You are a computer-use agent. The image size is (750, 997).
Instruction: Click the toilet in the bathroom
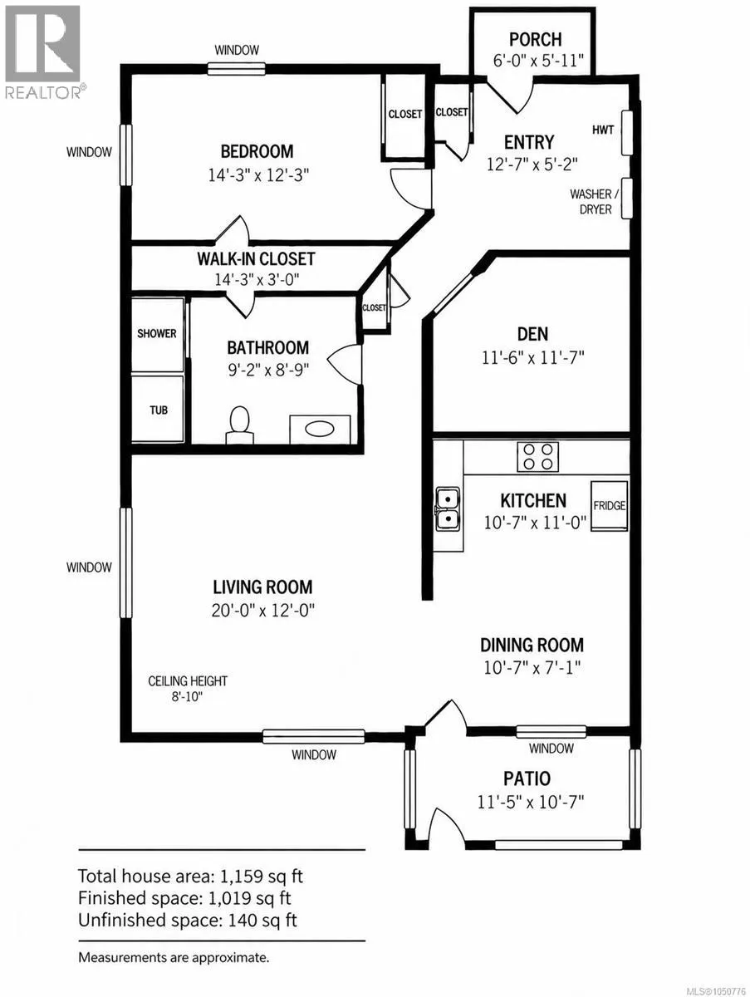(x=240, y=425)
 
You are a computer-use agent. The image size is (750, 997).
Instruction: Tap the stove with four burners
(x=537, y=457)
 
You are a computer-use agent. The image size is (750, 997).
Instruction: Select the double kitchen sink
(x=449, y=508)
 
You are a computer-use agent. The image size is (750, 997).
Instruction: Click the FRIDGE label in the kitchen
(x=610, y=505)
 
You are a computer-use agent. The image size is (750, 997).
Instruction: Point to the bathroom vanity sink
(x=320, y=429)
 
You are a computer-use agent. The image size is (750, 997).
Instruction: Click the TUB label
(x=159, y=410)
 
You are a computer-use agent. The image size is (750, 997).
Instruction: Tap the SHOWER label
(x=157, y=333)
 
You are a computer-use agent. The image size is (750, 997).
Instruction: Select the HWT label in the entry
(x=603, y=130)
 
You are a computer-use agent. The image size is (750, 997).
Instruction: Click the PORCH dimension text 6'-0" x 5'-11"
(x=538, y=61)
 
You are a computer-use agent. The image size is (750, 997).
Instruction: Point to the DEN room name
(x=532, y=334)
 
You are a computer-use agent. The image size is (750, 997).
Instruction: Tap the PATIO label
(x=527, y=778)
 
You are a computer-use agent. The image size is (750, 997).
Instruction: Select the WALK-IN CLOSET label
(x=256, y=259)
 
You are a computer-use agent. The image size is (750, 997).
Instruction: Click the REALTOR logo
(x=44, y=52)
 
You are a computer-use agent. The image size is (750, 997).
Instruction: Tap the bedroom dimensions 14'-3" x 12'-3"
(x=258, y=174)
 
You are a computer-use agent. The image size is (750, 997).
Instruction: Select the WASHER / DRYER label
(x=595, y=202)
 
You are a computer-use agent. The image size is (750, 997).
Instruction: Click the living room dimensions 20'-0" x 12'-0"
(x=262, y=611)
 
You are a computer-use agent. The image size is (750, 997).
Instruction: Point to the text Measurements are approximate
(x=174, y=958)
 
